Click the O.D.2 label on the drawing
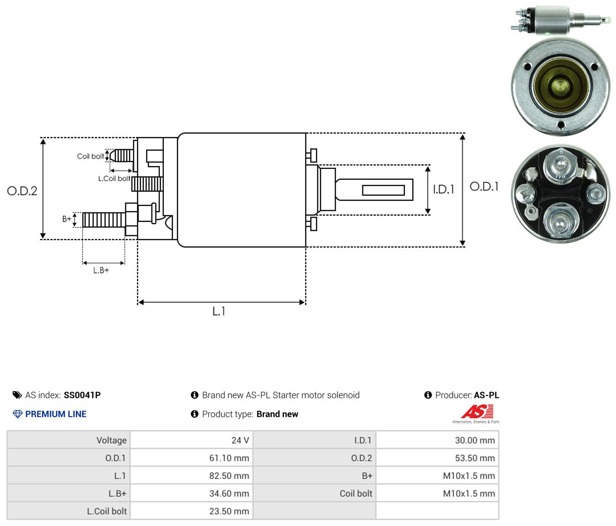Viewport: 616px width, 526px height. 22,191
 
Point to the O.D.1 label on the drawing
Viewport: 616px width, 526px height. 484,187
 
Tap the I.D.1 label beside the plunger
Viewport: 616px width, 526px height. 443,189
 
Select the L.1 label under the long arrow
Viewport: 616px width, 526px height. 219,311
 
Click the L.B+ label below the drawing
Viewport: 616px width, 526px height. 101,270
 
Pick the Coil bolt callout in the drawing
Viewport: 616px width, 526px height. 90,156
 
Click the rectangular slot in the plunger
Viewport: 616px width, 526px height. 383,190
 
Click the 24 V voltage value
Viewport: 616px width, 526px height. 240,440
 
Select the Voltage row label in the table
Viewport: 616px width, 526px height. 111,440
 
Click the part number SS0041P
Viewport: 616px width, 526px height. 82,395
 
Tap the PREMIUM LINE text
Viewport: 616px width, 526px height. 56,414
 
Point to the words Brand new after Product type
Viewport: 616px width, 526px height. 277,414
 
